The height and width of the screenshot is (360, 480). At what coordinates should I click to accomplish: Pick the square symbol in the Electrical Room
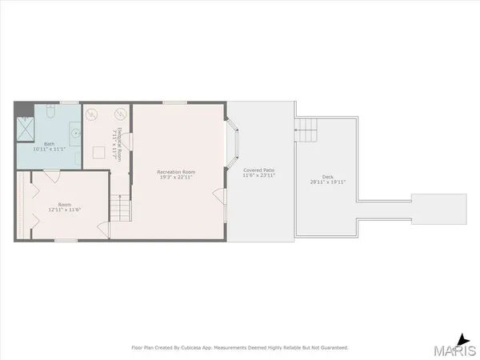(102, 152)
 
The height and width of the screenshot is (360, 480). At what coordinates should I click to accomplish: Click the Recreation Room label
(178, 171)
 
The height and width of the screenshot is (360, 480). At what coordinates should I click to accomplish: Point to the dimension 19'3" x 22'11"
(178, 178)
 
